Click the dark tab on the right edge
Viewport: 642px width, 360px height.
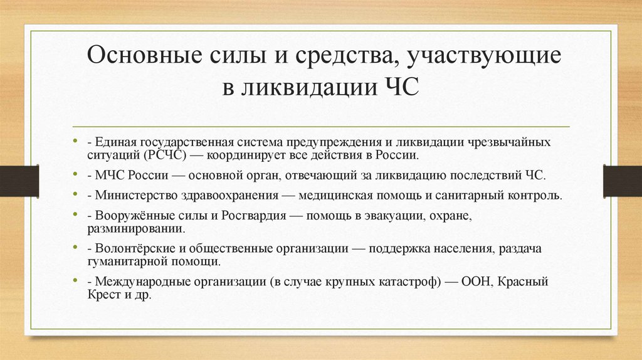pos(622,181)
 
